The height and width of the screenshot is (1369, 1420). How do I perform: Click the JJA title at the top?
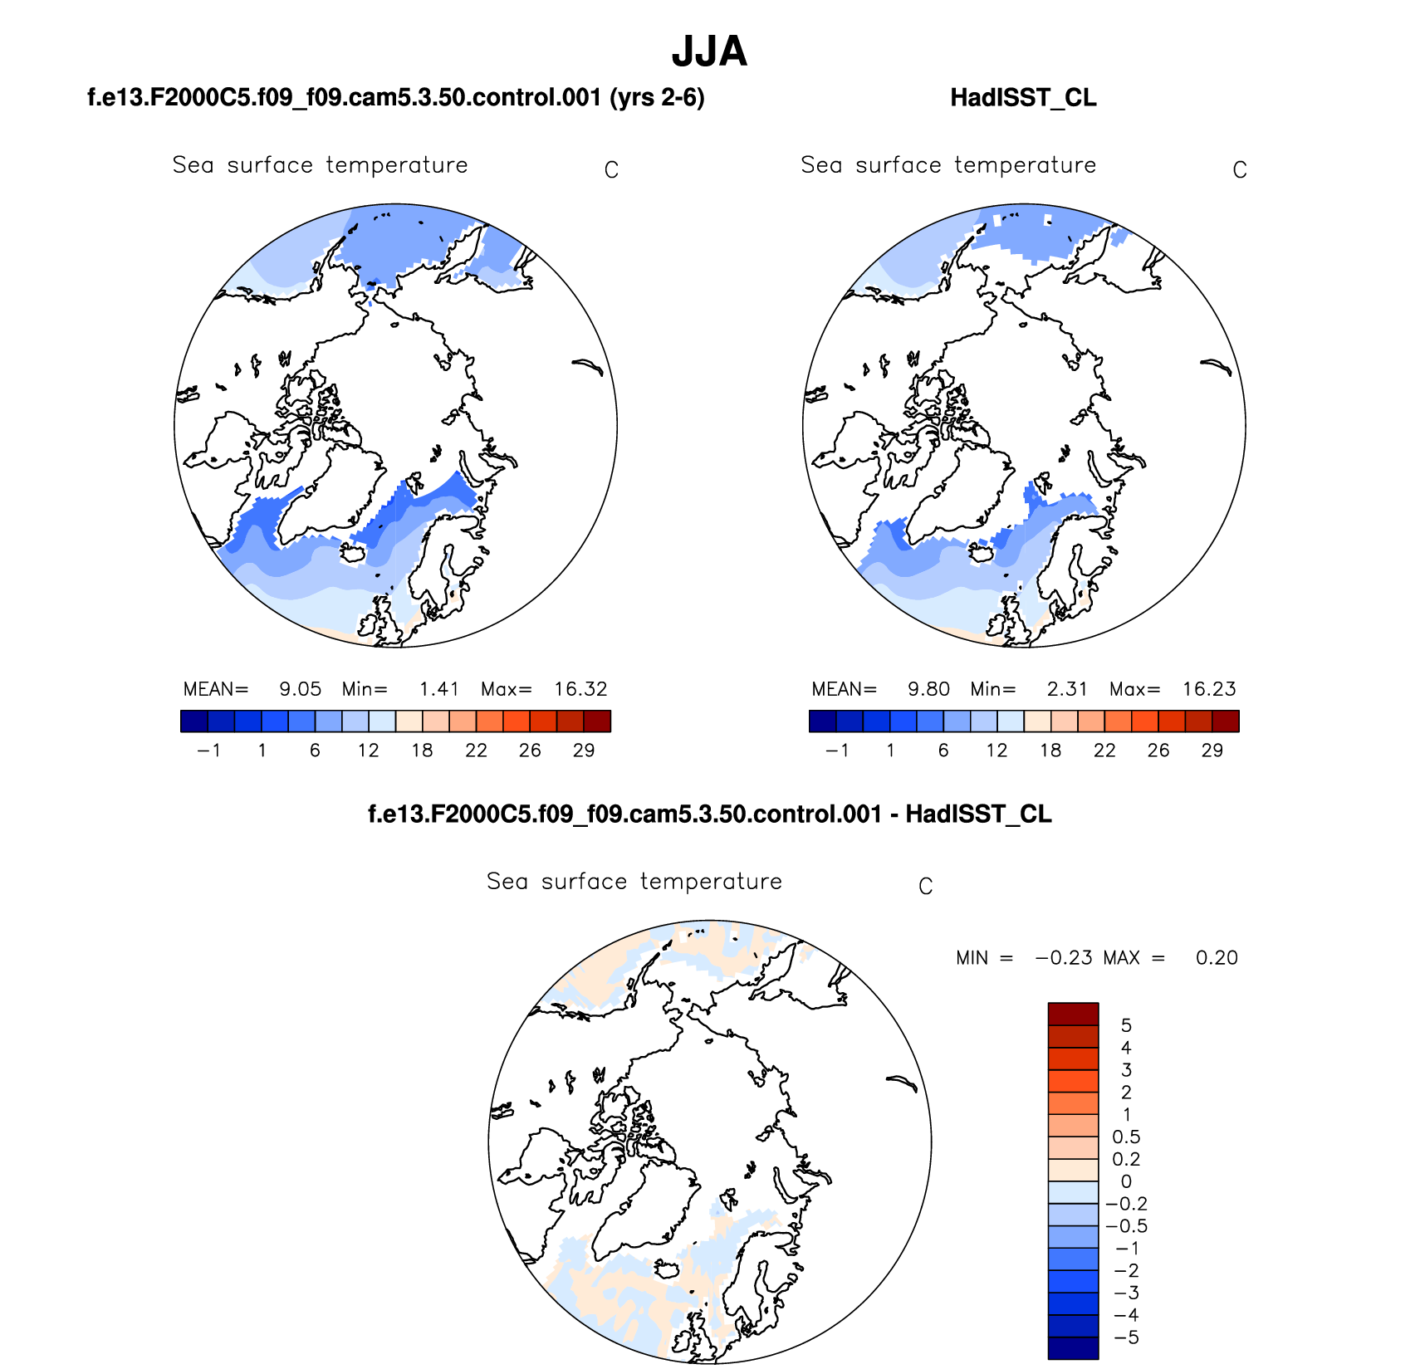pos(709,51)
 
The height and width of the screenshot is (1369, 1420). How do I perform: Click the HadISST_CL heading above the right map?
pos(1023,98)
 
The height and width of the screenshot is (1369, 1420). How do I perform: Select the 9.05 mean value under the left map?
pos(300,689)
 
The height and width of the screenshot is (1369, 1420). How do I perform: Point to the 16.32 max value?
pos(581,689)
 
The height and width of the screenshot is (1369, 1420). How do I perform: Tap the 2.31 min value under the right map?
pos(1067,689)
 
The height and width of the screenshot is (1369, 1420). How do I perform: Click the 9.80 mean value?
pos(928,689)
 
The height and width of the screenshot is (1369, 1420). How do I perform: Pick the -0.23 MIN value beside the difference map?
pos(1063,958)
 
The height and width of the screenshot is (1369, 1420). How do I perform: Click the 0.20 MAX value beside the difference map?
pos(1217,958)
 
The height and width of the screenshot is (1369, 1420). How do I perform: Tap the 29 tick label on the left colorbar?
pos(584,751)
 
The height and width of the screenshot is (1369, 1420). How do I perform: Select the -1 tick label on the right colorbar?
pos(837,751)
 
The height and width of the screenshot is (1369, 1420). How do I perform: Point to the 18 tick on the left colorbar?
pos(422,751)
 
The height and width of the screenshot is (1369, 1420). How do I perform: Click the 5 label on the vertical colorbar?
pos(1126,1025)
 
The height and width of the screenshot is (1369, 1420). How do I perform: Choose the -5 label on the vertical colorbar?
pos(1126,1337)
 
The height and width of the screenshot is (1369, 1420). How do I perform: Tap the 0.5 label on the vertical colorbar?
pos(1126,1137)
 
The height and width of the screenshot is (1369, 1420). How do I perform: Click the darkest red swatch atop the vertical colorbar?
pos(1073,1014)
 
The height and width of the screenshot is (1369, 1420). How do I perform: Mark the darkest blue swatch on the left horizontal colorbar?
pos(194,721)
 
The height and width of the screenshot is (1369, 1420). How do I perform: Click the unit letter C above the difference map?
pos(926,887)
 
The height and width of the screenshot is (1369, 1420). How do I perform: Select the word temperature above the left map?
pos(397,165)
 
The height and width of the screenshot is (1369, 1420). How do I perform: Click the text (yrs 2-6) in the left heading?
pos(657,98)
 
